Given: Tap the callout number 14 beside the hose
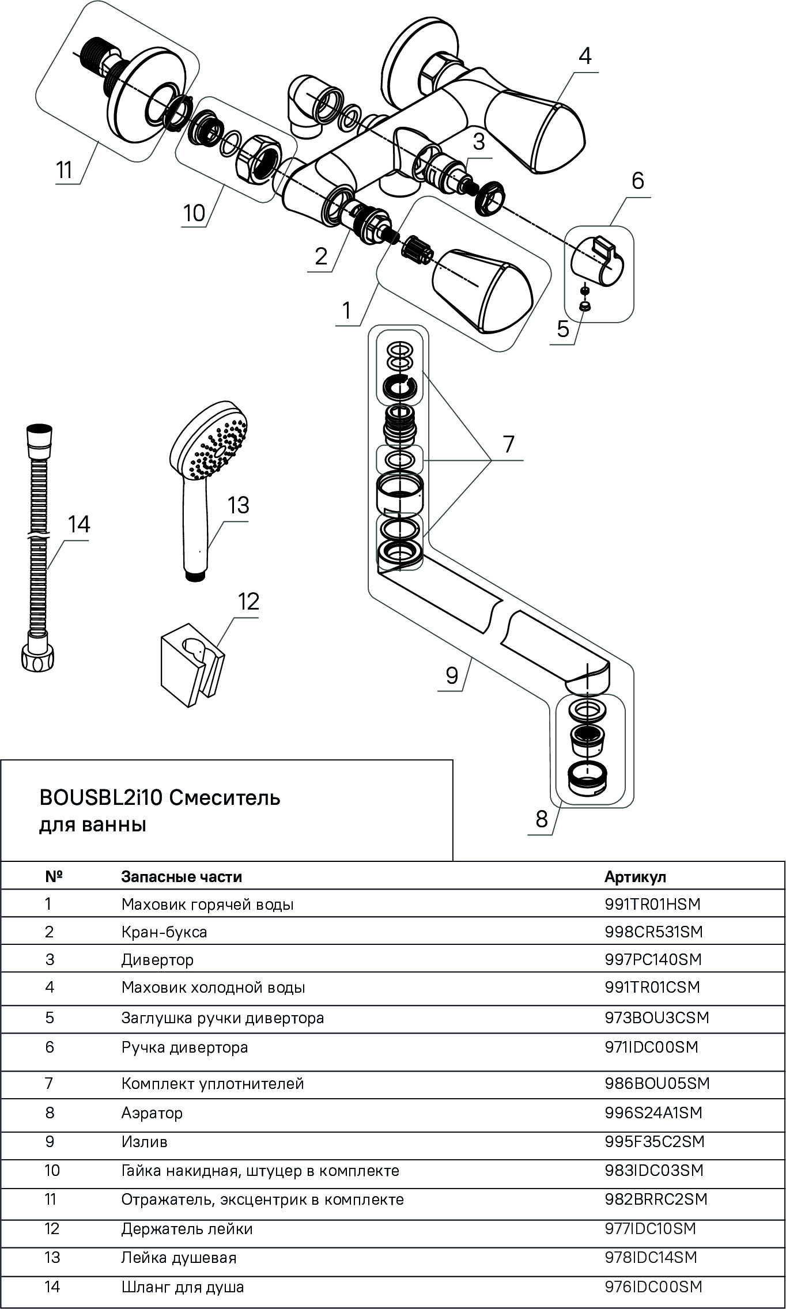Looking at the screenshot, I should click(79, 524).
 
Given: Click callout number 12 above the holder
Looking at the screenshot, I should click(248, 602).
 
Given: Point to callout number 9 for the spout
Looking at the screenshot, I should click(452, 675).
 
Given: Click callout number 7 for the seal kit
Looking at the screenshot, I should click(508, 444).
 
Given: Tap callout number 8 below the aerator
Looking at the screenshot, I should click(541, 819).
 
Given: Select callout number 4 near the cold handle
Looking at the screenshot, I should click(585, 56).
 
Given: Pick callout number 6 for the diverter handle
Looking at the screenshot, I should click(637, 181).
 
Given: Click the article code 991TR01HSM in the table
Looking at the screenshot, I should click(652, 904).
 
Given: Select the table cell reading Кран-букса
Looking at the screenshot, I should click(164, 932).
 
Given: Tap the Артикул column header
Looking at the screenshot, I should click(635, 876).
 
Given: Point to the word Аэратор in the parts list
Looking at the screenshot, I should click(152, 1113).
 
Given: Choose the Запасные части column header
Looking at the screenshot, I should click(181, 876).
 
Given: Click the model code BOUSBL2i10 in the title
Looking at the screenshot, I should click(101, 798).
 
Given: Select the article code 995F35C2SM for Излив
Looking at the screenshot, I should click(654, 1141).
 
